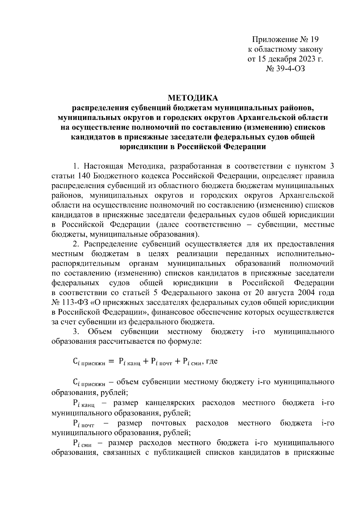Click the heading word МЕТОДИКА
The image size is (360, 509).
193,98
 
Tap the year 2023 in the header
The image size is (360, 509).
304,59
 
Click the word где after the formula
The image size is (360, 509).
212,361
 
